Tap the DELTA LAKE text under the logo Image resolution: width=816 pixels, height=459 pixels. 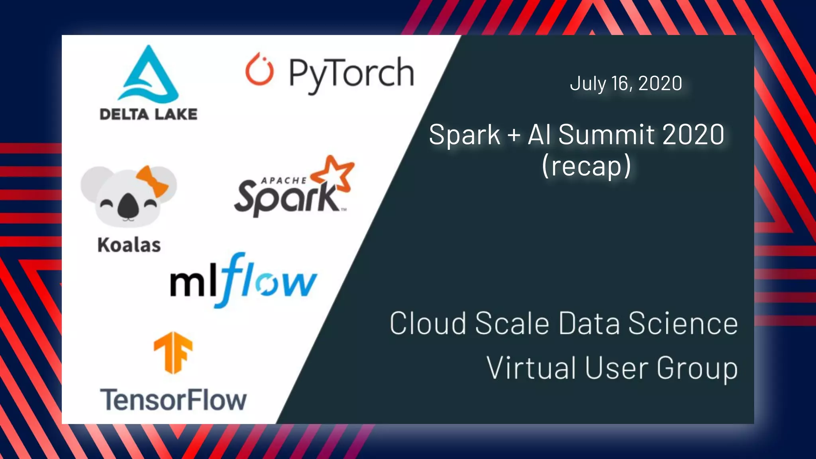coord(148,114)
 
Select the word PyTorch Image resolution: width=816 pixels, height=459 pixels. coord(351,73)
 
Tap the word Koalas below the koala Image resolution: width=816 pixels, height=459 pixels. coord(129,245)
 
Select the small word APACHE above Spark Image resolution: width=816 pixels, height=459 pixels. coord(284,181)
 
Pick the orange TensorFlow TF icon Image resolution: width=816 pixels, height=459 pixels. coord(173,352)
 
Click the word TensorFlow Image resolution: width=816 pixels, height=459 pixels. coord(173,400)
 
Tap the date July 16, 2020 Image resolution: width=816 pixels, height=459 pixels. coord(626,83)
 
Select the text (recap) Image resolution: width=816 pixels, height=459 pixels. coord(586,166)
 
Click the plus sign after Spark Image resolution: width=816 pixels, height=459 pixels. coord(514,135)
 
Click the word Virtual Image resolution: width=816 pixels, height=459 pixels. coord(531,368)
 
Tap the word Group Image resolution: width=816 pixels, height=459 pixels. coord(697,369)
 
